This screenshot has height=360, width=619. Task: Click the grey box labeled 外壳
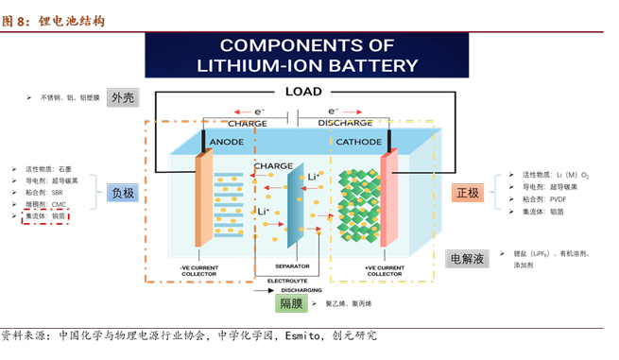[123, 97]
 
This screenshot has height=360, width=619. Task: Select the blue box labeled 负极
[123, 193]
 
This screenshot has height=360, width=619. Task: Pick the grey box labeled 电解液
[467, 258]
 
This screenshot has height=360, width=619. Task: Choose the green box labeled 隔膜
[289, 303]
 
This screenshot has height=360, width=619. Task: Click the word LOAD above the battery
[303, 92]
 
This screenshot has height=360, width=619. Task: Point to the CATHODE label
[358, 141]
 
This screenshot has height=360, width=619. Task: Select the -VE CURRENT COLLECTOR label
[198, 270]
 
